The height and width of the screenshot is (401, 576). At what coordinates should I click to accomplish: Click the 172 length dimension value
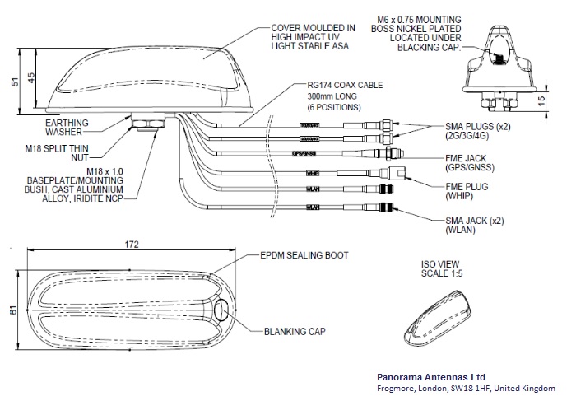132,245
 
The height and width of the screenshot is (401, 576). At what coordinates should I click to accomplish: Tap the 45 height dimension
31,77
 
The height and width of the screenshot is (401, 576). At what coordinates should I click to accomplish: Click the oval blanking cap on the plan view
223,311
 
